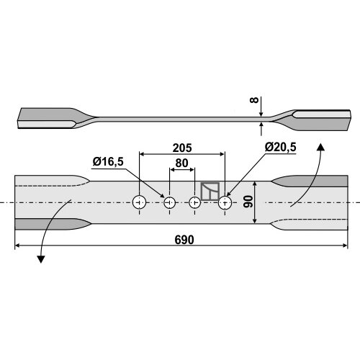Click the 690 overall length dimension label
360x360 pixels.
click(184, 240)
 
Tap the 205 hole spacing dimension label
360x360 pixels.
click(182, 148)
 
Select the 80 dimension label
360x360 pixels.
click(181, 163)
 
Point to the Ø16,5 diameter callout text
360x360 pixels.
click(108, 162)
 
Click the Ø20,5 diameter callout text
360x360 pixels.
click(280, 147)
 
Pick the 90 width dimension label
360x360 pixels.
click(248, 202)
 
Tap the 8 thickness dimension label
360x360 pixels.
click(254, 100)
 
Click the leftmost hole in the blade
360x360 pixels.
click(140, 202)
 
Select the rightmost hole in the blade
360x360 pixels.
click(225, 203)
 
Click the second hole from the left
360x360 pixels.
click(170, 203)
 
